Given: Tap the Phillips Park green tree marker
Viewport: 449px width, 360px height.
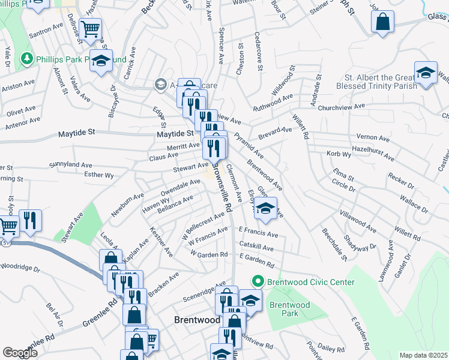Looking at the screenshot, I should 26,59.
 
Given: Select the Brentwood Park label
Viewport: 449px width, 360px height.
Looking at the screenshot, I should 289,309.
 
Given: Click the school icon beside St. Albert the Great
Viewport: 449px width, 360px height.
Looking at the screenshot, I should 426,73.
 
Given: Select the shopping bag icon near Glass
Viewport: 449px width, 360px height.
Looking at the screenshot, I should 382,23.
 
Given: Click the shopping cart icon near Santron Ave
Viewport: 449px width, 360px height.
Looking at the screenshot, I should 90,28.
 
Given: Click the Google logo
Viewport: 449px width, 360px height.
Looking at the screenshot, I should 20,353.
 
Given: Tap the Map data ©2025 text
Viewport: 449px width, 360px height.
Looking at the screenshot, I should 423,355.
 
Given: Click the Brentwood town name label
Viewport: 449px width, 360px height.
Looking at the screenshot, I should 197,320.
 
